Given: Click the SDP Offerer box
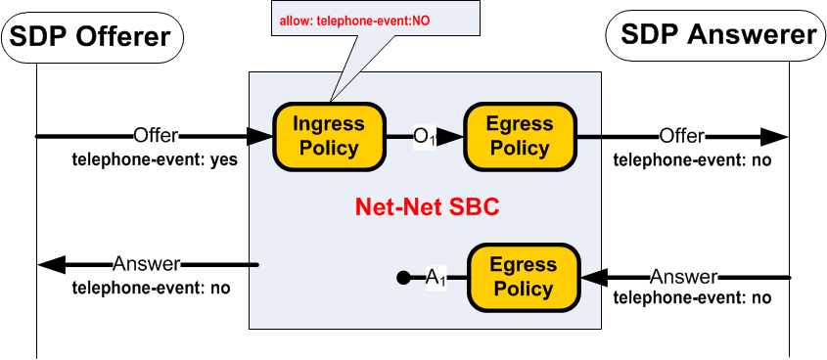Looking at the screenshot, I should [x=96, y=37].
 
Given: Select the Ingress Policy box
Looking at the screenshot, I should [x=329, y=136].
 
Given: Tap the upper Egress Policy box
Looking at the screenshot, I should [x=520, y=136].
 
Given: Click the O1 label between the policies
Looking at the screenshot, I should [x=424, y=138].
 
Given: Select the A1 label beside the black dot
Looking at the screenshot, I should [x=436, y=279].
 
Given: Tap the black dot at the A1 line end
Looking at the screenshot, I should [x=402, y=279].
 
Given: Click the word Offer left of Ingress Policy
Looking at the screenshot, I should [x=156, y=136].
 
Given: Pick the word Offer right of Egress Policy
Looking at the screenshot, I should [x=681, y=136].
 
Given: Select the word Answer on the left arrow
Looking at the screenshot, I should [x=147, y=264].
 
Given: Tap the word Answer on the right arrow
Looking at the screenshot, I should [x=684, y=278].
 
